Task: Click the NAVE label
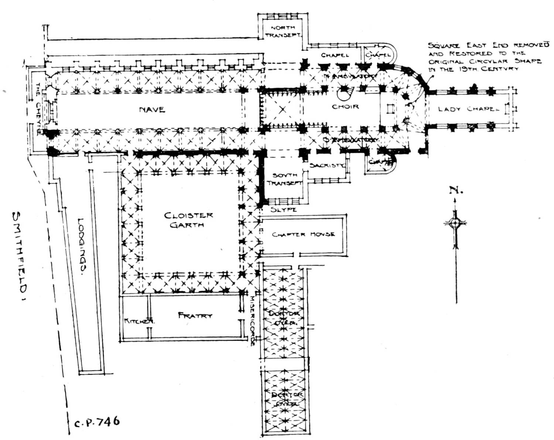point(152,109)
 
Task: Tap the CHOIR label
point(345,106)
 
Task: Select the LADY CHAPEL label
point(468,109)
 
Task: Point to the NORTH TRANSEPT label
point(283,31)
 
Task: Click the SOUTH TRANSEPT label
point(284,179)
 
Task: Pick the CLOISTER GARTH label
point(188,220)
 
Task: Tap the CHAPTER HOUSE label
point(303,234)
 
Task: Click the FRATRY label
point(195,315)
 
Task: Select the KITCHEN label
point(139,321)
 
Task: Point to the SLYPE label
point(283,209)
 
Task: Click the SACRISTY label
point(327,165)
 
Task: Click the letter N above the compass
point(455,190)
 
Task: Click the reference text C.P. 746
point(97,422)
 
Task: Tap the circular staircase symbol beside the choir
point(346,94)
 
